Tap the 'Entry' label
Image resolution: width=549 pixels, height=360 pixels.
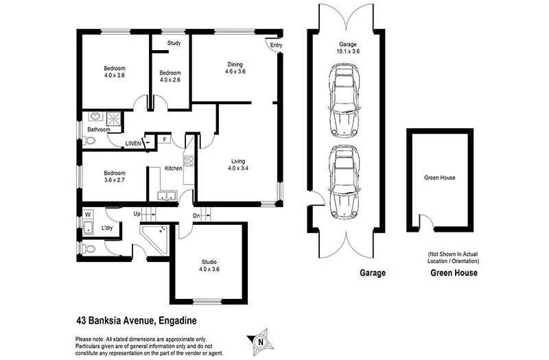(276, 46)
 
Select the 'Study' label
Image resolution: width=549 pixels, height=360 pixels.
(174, 44)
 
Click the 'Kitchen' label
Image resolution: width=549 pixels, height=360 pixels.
(173, 169)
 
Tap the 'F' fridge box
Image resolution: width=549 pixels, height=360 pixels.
(164, 140)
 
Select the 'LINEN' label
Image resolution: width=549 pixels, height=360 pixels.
(133, 143)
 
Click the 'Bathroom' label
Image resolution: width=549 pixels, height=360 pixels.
(98, 129)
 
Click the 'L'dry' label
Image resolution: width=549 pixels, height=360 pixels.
(107, 228)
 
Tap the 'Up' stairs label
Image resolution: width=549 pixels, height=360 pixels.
(137, 214)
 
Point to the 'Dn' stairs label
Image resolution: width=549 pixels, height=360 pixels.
(196, 215)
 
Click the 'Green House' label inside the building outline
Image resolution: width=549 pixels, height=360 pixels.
(439, 178)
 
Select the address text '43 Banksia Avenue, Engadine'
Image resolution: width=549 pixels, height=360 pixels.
(137, 320)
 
